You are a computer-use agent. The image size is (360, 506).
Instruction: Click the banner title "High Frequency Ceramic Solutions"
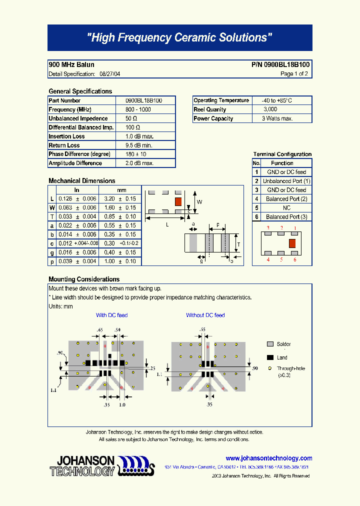179,37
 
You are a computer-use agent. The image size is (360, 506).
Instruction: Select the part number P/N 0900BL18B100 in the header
280,64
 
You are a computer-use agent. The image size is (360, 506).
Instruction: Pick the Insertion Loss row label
66,136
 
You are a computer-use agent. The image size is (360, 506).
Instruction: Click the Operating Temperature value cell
273,100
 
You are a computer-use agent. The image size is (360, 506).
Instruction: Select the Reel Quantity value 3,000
270,109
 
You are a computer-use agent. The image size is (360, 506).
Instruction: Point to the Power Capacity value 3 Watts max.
277,118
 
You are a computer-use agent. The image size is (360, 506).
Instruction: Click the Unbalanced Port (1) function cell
286,181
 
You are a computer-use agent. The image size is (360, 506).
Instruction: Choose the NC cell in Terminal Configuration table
286,208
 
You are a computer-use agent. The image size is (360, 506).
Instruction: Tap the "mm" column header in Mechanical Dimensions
121,190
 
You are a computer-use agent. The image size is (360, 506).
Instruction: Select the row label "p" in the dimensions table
52,261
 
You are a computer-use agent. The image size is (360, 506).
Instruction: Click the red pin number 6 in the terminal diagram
295,259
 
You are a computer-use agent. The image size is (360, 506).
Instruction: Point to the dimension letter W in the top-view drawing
199,202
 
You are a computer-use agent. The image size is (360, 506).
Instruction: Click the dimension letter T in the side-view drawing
238,244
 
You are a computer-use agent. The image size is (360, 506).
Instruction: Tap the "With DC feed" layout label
111,315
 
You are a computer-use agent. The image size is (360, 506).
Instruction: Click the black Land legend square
270,357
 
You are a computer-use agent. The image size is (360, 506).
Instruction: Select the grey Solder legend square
270,344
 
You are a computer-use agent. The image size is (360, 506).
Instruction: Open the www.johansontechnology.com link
268,458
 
